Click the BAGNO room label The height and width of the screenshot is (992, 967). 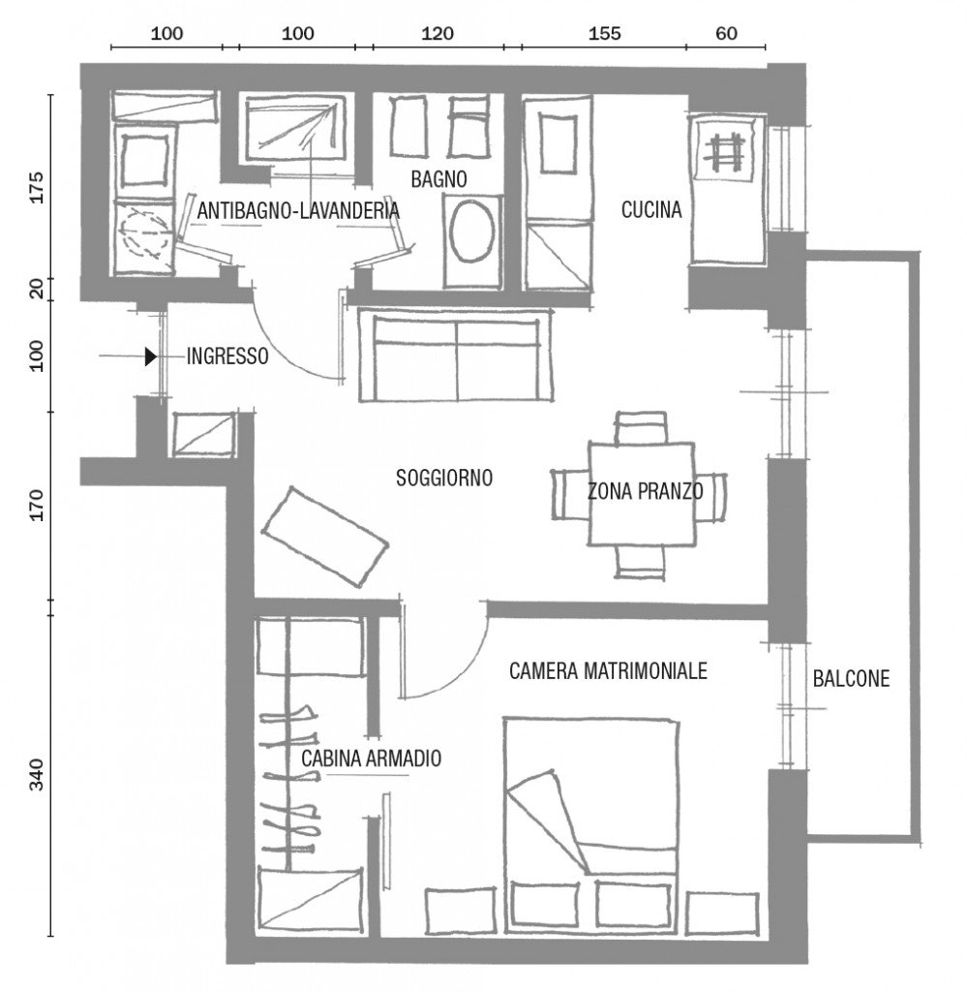pyautogui.click(x=438, y=179)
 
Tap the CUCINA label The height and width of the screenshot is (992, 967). pyautogui.click(x=651, y=209)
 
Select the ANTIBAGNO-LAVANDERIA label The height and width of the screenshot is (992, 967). pyautogui.click(x=297, y=210)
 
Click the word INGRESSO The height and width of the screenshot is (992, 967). pyautogui.click(x=227, y=356)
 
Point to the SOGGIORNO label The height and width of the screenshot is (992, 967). pyautogui.click(x=444, y=478)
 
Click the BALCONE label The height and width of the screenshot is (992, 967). pyautogui.click(x=850, y=679)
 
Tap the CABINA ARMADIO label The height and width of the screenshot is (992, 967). pyautogui.click(x=371, y=759)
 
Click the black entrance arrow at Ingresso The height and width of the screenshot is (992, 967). pyautogui.click(x=150, y=356)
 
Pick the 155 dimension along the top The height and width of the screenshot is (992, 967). pyautogui.click(x=604, y=33)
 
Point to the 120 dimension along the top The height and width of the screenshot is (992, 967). pyautogui.click(x=438, y=33)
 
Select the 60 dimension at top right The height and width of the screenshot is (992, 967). pyautogui.click(x=726, y=33)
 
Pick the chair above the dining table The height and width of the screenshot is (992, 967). pyautogui.click(x=641, y=427)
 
